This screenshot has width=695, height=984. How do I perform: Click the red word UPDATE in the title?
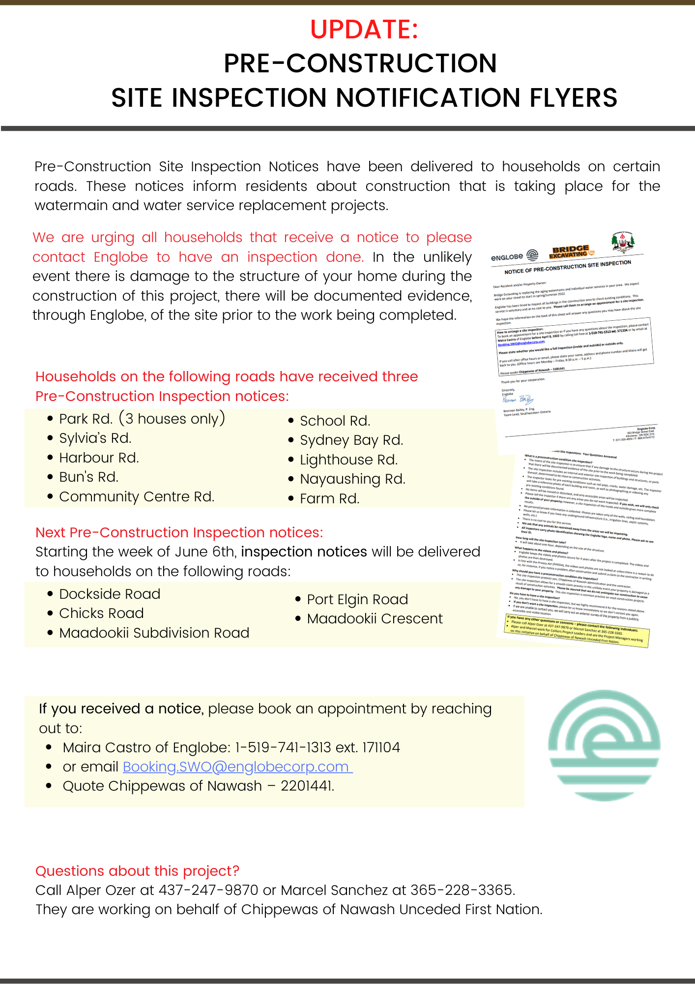[364, 30]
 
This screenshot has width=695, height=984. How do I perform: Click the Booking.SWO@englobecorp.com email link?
[237, 767]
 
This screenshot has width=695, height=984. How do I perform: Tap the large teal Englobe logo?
[604, 745]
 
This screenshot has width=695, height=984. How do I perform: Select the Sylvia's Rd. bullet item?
[95, 438]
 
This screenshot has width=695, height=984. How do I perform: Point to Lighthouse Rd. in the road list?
[348, 460]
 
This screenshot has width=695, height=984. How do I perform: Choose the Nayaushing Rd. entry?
[352, 479]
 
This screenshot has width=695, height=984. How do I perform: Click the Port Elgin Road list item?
[357, 599]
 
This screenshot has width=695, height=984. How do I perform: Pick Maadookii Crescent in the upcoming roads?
[375, 618]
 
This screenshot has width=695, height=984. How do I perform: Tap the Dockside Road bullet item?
[110, 594]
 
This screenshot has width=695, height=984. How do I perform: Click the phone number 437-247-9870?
[208, 890]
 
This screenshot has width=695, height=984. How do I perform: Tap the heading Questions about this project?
[137, 871]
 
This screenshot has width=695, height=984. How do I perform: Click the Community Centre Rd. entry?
[137, 496]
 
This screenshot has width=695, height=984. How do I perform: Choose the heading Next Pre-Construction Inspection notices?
[179, 532]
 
